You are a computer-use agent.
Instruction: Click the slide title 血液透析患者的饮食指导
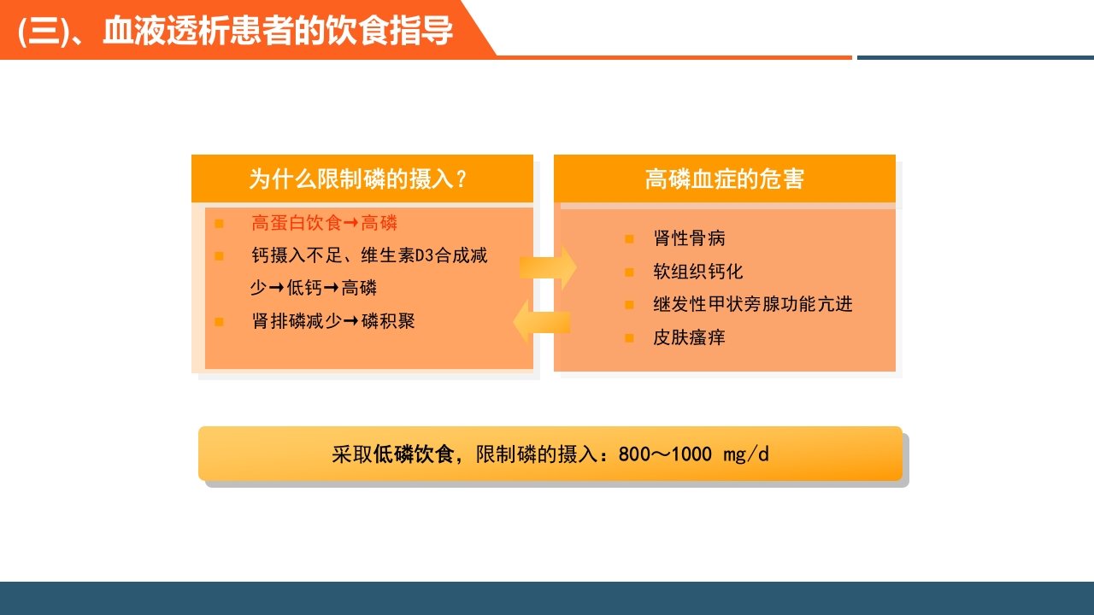click(278, 31)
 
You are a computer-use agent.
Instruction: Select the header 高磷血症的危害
click(724, 179)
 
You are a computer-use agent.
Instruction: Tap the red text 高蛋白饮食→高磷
click(324, 224)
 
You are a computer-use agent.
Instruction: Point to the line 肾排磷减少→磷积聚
click(333, 321)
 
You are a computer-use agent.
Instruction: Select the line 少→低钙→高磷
click(313, 288)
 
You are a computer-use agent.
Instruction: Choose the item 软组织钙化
click(697, 272)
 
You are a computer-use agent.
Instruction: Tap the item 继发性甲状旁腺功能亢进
click(752, 304)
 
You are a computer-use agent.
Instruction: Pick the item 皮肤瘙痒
click(689, 337)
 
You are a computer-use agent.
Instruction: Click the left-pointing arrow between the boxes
click(541, 322)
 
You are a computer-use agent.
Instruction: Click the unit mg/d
click(746, 454)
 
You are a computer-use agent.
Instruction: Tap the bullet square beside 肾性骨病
click(629, 239)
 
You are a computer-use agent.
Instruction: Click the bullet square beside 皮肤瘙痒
click(629, 338)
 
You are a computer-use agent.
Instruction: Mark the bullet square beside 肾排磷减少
click(219, 322)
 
